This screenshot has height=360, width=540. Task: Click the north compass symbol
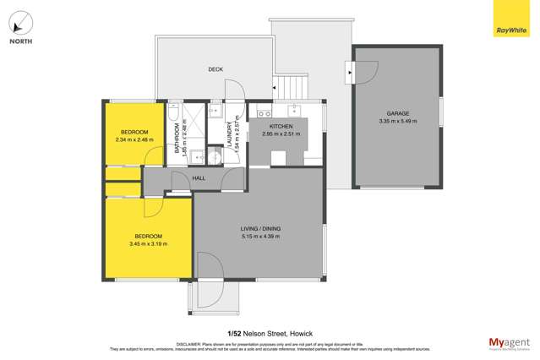(x=22, y=23)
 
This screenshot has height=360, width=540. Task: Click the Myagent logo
(x=510, y=342)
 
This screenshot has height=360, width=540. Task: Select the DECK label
(x=215, y=69)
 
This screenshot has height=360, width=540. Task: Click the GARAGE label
(x=398, y=112)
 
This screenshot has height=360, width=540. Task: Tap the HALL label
(x=199, y=178)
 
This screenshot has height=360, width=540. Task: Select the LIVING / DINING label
(x=259, y=228)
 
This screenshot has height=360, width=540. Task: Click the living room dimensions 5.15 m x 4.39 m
(x=259, y=237)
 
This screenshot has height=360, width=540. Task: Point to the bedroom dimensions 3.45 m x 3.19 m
(x=146, y=244)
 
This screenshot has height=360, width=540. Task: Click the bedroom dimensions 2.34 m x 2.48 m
(x=134, y=140)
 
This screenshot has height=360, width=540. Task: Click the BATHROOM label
(x=178, y=140)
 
